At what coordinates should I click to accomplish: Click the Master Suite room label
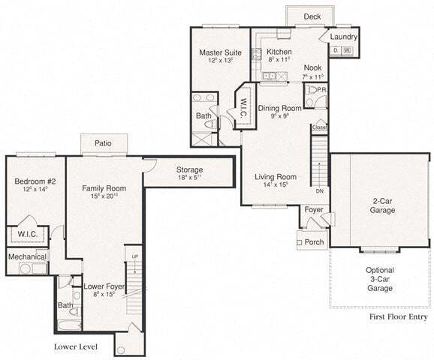coord(220,52)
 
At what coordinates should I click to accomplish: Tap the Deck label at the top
coord(312,16)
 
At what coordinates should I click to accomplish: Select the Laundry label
coord(342,37)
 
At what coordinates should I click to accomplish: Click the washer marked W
coord(347,51)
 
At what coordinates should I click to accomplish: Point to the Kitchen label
coord(279,52)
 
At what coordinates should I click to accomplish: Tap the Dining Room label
coord(280,109)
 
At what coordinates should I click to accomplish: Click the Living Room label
coord(276,178)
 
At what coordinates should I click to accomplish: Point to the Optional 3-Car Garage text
coord(380,279)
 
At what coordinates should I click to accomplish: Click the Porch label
coord(314,242)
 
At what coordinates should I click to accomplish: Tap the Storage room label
coord(189,169)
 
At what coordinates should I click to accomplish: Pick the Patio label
coord(104,143)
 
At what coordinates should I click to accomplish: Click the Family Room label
coord(104,188)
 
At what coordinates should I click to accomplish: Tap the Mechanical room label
coord(27,257)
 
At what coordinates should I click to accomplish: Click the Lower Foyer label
coord(104,287)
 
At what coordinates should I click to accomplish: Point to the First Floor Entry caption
coord(399,317)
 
